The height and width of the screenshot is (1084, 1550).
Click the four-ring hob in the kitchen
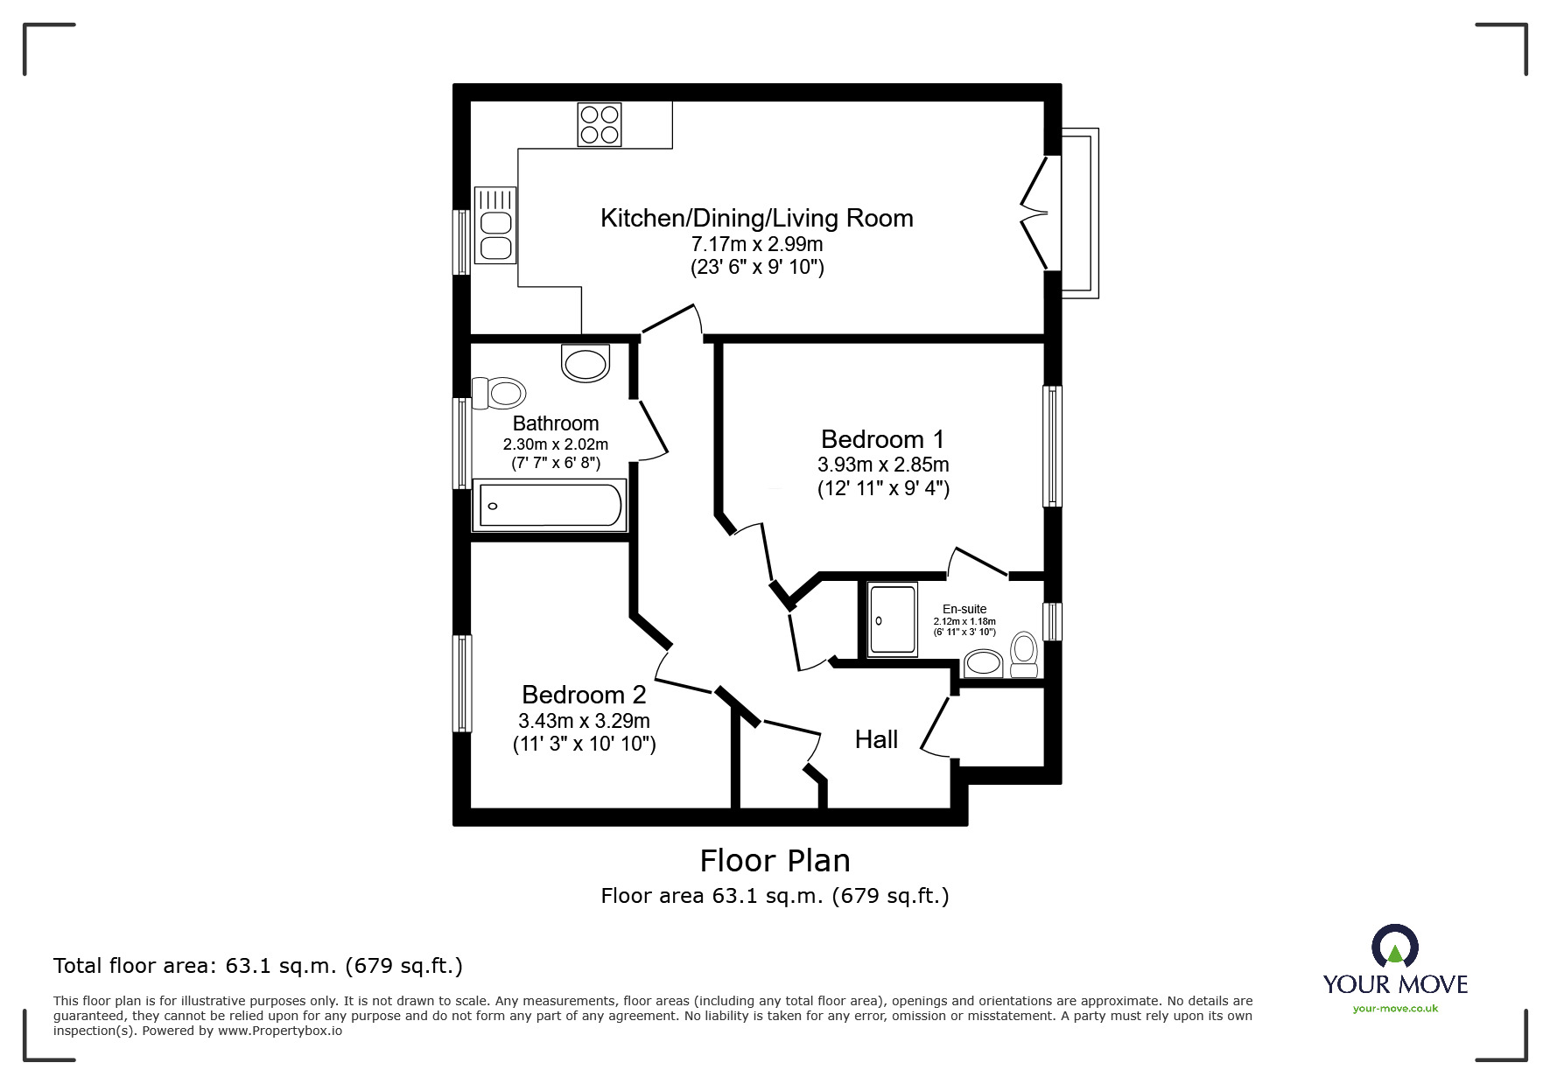pos(600,124)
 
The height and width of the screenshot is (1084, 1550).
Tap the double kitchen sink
pos(494,226)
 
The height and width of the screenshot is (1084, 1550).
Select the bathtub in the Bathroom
pos(549,505)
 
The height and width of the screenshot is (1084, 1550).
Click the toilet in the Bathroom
pos(497,392)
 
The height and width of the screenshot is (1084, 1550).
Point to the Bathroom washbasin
pos(586,363)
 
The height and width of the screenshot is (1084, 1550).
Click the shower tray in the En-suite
pos(893,619)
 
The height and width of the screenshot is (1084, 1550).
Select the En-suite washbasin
pos(983,662)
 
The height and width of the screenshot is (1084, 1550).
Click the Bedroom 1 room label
pos(882,439)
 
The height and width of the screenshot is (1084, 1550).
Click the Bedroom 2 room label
pos(584,695)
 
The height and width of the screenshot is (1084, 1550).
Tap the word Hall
pos(876,740)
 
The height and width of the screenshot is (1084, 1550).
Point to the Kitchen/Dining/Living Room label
pos(756,218)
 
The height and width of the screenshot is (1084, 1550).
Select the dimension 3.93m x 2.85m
pos(882,465)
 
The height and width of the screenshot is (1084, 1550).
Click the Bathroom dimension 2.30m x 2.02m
pos(555,444)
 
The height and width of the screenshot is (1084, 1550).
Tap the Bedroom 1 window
pos(1052,446)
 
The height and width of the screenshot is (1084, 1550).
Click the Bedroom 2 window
pos(461,683)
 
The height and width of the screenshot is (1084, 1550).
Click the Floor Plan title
pos(775,861)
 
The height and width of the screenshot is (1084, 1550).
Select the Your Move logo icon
pos(1394,946)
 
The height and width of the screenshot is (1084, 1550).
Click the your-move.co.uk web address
pos(1395,1009)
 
